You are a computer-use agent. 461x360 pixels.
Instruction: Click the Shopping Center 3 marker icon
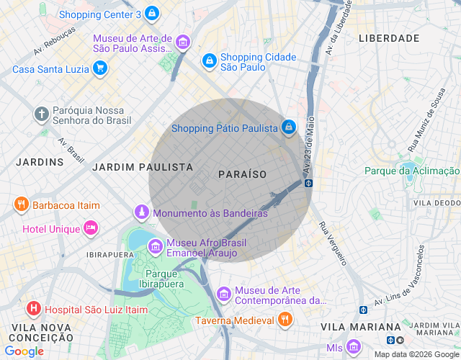click(151, 14)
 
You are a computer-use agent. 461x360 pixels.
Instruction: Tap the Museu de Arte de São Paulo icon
click(183, 43)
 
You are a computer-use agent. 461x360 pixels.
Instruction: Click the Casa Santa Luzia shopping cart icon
click(100, 69)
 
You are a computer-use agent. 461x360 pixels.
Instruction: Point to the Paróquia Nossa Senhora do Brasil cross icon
click(42, 114)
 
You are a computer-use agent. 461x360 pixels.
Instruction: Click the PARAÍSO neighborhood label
click(242, 174)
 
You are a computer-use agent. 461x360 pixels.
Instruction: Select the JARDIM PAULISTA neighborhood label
click(143, 166)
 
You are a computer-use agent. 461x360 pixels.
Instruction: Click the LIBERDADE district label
click(389, 37)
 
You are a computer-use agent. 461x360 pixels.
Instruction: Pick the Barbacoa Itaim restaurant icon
click(21, 205)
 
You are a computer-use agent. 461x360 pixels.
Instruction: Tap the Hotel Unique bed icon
click(91, 228)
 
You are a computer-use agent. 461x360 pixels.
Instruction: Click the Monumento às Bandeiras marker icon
click(142, 212)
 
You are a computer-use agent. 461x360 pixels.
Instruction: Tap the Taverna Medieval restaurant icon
click(285, 319)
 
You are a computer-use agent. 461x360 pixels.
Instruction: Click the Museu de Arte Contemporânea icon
click(224, 294)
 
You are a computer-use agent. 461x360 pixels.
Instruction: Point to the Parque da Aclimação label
click(411, 171)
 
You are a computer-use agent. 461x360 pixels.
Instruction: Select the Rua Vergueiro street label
click(334, 243)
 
